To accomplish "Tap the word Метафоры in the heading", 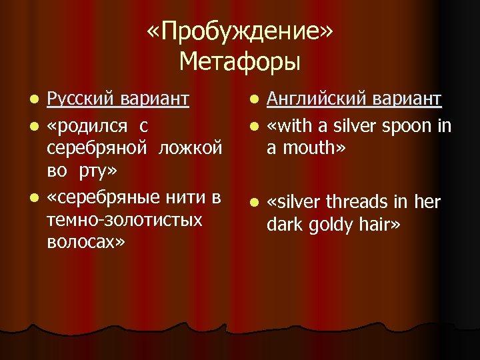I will point(240,62).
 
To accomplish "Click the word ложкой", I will point(191,147).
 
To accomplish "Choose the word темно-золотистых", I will point(125,219).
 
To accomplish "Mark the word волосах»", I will point(87,243).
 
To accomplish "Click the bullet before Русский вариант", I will point(33,100).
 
